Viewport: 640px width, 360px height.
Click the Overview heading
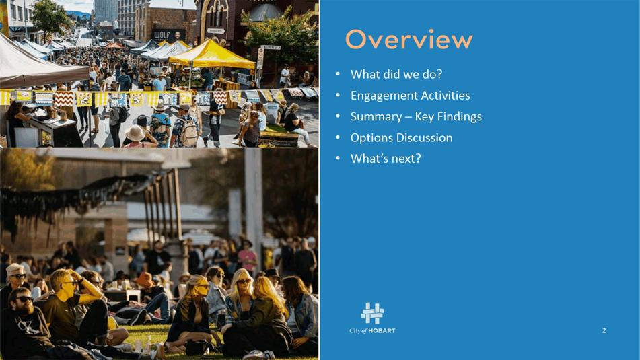409,40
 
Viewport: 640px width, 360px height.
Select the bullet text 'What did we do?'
396,74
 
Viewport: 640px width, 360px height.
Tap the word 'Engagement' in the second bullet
384,96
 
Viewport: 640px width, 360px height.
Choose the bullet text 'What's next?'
386,159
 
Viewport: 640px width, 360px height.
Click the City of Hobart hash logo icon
372,314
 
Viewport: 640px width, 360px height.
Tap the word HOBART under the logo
382,331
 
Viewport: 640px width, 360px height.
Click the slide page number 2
604,330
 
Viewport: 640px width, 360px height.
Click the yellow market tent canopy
211,55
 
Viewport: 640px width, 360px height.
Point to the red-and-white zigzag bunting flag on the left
64,99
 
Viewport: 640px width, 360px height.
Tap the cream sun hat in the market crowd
135,133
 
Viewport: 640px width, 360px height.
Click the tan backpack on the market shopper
188,133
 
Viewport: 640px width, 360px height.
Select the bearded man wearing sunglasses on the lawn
26,322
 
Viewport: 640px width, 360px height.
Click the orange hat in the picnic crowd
145,280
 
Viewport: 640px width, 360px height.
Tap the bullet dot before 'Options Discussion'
338,137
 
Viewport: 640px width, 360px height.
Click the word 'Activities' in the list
446,96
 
